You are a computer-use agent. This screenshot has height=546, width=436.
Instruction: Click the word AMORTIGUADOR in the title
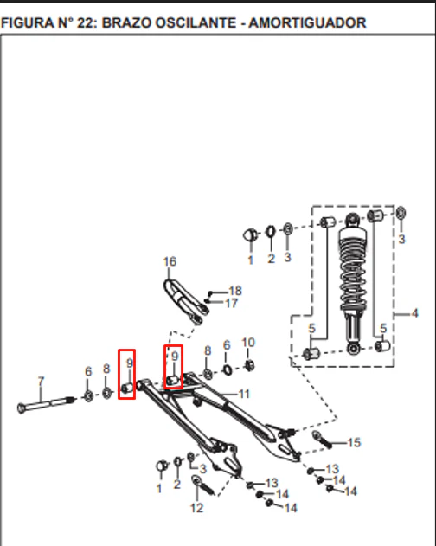click(x=307, y=23)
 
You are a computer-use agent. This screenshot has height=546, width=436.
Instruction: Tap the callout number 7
click(x=41, y=382)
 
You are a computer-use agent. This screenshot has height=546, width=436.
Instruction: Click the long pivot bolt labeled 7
click(x=47, y=405)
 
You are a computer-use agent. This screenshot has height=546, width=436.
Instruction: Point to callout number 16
click(x=170, y=261)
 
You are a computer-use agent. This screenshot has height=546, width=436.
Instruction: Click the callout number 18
click(x=235, y=291)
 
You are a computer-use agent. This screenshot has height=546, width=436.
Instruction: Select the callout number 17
click(x=232, y=304)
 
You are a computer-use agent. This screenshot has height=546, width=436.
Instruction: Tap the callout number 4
click(x=414, y=313)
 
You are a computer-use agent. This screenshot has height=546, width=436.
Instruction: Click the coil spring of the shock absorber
click(x=353, y=268)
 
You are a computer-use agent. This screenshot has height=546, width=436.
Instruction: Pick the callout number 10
click(x=248, y=343)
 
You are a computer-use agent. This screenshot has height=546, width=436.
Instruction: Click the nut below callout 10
click(x=249, y=365)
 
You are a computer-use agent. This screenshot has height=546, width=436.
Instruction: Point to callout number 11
click(x=244, y=394)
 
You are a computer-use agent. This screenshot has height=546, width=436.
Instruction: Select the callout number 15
click(x=354, y=442)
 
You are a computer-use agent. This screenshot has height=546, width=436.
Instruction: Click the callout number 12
click(x=196, y=508)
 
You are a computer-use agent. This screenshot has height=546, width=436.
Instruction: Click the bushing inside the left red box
click(x=127, y=388)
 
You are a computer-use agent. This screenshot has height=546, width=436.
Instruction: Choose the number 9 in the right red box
click(x=175, y=356)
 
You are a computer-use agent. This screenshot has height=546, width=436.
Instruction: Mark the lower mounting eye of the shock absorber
click(x=353, y=349)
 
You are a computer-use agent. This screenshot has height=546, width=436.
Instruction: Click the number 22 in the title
click(x=87, y=23)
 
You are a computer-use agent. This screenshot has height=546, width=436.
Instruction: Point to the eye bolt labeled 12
click(x=203, y=485)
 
